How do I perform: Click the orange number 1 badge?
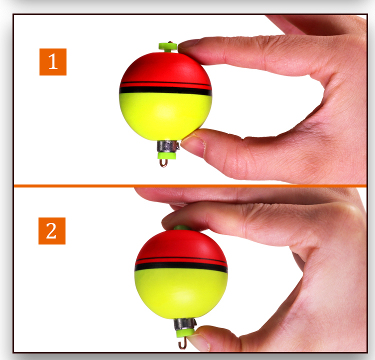(x=53, y=61)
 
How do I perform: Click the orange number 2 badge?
(x=52, y=231)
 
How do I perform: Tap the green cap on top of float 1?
(x=167, y=47)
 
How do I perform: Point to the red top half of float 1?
(x=165, y=67)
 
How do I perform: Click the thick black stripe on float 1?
(x=165, y=91)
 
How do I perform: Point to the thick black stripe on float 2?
(x=181, y=267)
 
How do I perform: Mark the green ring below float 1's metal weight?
(x=164, y=155)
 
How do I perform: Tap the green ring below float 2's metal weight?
(x=184, y=332)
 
